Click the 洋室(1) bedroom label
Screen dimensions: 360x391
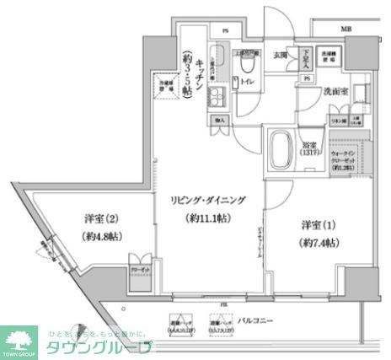319,225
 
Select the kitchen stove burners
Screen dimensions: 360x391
217,97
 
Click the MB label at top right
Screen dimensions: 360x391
345,30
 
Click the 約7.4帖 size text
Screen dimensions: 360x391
319,243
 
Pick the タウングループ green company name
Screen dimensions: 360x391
101,347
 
